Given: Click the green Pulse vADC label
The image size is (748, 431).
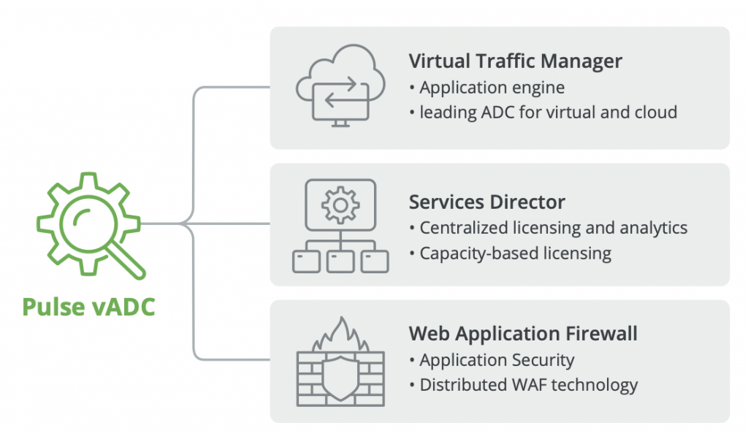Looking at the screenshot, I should click(x=88, y=305).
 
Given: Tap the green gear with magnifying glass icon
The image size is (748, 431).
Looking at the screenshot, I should click(x=88, y=224).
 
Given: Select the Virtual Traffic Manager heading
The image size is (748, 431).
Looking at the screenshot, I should click(x=516, y=61).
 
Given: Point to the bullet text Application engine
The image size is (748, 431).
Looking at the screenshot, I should click(x=492, y=88).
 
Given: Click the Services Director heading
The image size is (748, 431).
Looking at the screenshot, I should click(x=487, y=202).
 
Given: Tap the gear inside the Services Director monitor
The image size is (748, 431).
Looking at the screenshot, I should click(x=340, y=205).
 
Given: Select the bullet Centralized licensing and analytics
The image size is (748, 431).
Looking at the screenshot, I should click(x=553, y=228).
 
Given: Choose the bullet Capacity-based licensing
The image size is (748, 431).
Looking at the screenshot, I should click(x=515, y=253).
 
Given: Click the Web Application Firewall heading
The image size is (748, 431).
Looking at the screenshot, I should click(x=523, y=334).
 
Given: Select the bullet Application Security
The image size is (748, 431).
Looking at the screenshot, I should click(x=497, y=360).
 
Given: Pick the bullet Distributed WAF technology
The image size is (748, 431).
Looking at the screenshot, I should click(x=528, y=385).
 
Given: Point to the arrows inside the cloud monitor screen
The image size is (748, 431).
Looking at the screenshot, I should click(x=340, y=94).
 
